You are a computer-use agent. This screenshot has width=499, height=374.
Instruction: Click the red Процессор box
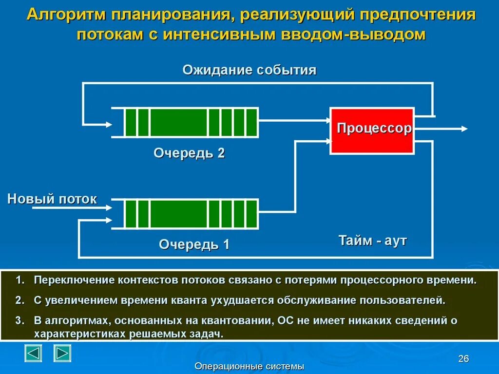tap(373, 131)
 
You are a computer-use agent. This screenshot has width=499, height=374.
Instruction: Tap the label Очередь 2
tap(189, 153)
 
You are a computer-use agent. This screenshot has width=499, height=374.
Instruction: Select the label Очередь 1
tap(194, 244)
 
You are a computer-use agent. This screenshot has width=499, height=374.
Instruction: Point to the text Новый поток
tap(52, 199)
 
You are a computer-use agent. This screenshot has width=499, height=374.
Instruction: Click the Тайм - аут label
tap(372, 241)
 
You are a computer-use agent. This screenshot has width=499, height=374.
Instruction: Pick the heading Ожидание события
tap(249, 70)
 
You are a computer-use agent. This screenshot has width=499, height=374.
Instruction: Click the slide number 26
tap(463, 359)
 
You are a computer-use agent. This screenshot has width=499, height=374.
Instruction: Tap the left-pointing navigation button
tap(33, 353)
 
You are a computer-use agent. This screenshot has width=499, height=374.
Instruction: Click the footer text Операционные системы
tap(249, 366)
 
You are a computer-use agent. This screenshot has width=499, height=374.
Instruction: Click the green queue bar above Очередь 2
tap(191, 123)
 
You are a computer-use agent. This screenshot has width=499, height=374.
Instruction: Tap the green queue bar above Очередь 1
tap(191, 213)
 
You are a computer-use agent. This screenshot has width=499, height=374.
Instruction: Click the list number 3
tap(19, 320)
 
